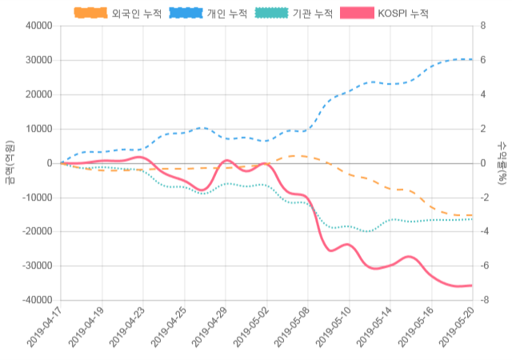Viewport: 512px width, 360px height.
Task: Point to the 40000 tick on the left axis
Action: click(38, 26)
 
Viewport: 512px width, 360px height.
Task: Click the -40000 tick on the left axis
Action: click(37, 300)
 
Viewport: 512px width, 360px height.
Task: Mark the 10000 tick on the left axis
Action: click(38, 129)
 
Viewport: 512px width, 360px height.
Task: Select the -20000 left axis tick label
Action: click(37, 231)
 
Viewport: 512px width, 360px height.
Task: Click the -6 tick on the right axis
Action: click(483, 266)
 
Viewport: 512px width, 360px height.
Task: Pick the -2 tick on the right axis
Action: click(483, 198)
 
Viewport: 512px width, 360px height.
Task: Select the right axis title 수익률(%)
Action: click(502, 162)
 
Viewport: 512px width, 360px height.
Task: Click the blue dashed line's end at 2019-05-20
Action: click(472, 59)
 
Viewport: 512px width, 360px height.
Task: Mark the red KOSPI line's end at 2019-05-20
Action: click(472, 285)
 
